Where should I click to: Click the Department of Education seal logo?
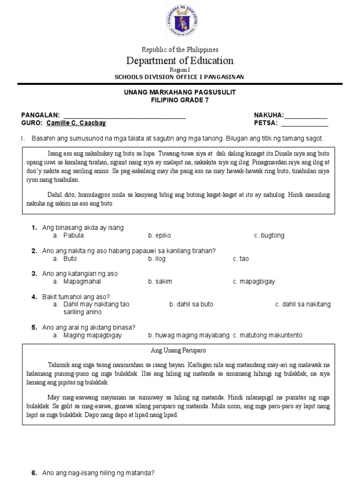tap(180, 21)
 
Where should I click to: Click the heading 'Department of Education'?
tap(180, 60)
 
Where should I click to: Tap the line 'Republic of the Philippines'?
tap(180, 49)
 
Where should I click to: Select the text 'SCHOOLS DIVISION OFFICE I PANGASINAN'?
tap(180, 77)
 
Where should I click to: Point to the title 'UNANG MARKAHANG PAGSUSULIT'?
tap(180, 92)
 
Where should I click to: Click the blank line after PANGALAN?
tap(124, 117)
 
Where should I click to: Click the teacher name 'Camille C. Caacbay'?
tap(76, 123)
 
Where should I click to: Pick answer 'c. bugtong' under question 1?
tap(269, 235)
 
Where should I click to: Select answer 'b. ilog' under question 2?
tap(157, 258)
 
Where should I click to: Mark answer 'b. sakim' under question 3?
tap(160, 281)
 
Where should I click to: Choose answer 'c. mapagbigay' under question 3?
tap(254, 281)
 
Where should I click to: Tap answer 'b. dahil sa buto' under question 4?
tap(191, 304)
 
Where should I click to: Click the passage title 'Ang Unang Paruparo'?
tap(179, 350)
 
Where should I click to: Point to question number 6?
tap(34, 473)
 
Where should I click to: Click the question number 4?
tap(34, 297)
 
